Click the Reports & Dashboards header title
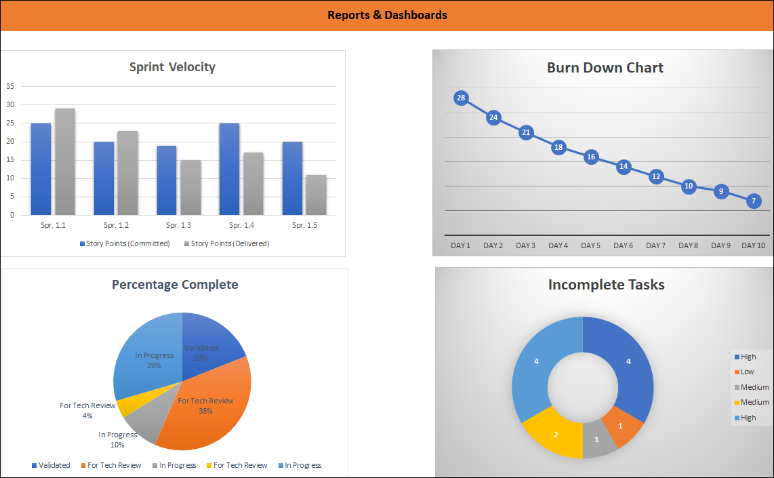pos(387,15)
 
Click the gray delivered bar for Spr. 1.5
pos(316,195)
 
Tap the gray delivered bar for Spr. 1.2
pos(127,173)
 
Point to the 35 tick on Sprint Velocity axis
pos(10,86)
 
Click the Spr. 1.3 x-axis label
pos(180,225)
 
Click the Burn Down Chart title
pos(605,68)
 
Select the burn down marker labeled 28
pos(461,98)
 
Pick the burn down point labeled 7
pos(754,201)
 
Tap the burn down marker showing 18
pos(558,147)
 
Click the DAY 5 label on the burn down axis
pos(590,245)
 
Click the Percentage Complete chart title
pos(175,285)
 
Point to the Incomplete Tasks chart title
pos(606,285)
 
